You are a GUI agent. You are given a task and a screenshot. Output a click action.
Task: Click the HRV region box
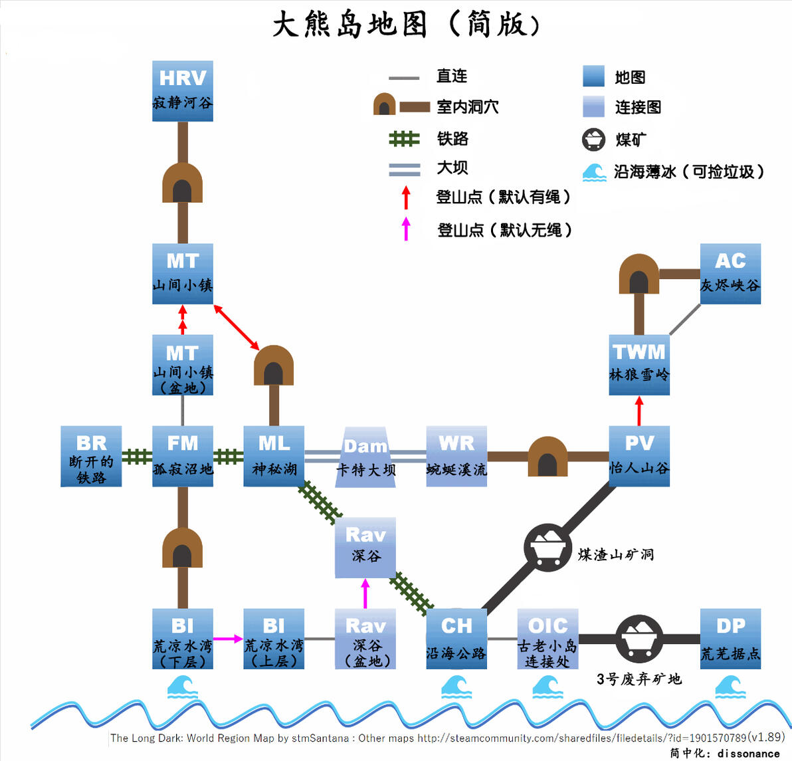[182, 91]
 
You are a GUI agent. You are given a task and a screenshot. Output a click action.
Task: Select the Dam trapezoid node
[365, 457]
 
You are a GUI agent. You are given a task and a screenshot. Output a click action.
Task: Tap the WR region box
[456, 457]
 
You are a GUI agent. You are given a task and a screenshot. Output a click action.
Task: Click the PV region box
[639, 457]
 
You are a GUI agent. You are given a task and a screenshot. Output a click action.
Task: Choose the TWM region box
[639, 365]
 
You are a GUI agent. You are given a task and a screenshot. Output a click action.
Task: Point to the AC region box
[730, 274]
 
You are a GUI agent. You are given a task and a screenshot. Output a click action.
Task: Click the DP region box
[730, 639]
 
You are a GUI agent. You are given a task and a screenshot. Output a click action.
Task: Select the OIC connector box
[548, 639]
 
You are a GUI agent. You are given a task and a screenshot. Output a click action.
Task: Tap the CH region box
[456, 639]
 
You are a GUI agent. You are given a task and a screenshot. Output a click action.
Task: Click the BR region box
[91, 457]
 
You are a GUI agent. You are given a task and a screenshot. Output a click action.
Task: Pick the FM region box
[182, 457]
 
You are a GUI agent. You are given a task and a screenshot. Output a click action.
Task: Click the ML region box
[274, 457]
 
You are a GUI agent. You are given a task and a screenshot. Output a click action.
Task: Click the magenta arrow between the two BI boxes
[229, 639]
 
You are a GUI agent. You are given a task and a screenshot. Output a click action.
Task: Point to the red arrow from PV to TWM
[639, 411]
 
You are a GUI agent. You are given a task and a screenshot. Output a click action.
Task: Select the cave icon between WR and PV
[547, 457]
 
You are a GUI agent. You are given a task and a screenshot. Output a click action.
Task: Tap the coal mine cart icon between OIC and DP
[639, 639]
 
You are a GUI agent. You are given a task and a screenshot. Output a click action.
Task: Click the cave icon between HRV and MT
[182, 182]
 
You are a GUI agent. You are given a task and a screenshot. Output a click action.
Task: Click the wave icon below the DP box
[730, 687]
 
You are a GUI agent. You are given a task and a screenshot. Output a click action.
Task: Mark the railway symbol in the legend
[404, 138]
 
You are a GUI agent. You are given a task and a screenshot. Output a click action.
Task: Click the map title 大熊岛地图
[350, 24]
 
